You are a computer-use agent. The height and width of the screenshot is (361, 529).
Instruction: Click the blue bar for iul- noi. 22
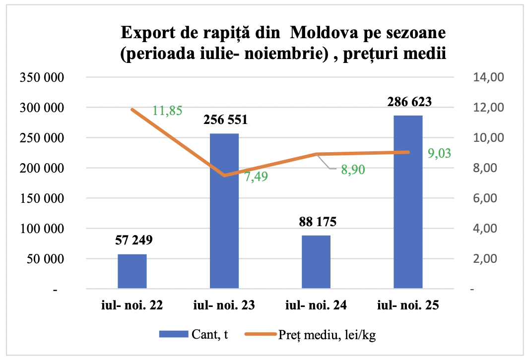132,271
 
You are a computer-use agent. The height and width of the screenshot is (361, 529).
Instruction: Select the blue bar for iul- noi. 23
224,211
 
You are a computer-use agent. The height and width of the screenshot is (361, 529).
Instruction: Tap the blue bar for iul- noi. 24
316,262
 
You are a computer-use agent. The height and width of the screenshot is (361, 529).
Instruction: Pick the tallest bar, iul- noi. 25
408,202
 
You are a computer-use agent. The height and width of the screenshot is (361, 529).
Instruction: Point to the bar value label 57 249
132,241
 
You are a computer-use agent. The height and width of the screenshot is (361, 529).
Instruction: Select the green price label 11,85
167,111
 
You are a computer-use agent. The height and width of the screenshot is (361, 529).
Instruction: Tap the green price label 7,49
256,177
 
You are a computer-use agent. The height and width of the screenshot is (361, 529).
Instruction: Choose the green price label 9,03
439,153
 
